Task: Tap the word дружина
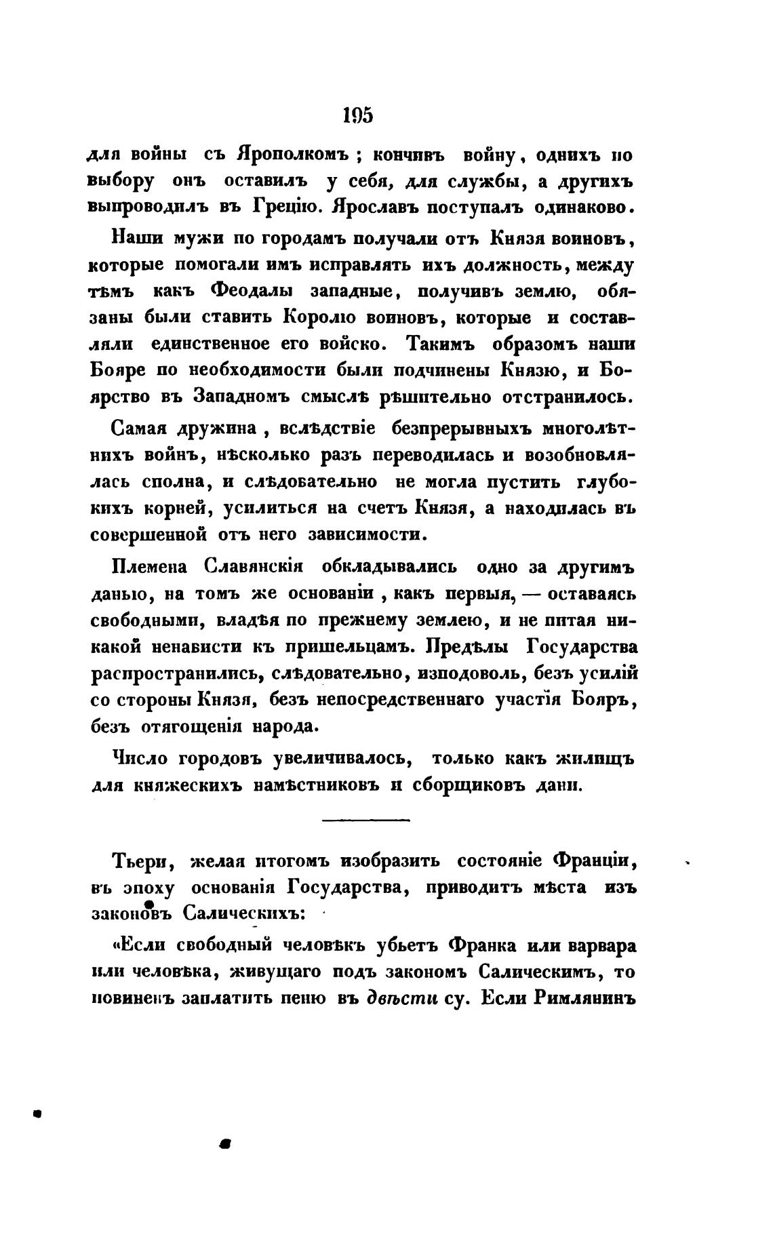[225, 430]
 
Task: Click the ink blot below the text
[226, 1143]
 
